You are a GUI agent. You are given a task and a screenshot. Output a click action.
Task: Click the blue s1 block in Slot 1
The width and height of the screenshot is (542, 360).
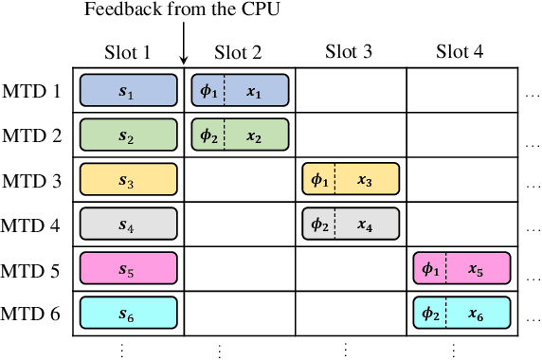pos(128,90)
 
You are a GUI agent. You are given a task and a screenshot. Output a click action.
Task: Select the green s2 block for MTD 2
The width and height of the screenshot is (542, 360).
pos(128,135)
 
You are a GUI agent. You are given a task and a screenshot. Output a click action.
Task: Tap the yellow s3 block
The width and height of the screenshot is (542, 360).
pos(128,179)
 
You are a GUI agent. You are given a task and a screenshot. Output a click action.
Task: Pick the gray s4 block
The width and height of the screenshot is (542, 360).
pos(128,225)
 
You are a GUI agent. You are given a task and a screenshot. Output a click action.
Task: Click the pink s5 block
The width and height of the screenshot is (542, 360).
pos(128,269)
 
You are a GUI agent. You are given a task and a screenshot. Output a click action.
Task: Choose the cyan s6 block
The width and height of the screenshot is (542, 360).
pos(128,313)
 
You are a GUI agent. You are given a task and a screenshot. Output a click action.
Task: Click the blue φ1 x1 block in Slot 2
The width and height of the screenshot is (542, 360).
pos(240,90)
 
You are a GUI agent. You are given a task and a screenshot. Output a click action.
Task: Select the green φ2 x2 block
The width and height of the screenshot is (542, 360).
pos(240,135)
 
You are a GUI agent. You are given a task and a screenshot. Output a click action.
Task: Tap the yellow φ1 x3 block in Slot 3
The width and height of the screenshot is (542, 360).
pos(351,179)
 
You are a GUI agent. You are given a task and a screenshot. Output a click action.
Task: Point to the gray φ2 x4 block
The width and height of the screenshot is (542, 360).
pos(351,225)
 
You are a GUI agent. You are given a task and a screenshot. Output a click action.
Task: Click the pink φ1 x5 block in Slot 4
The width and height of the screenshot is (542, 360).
pos(462,269)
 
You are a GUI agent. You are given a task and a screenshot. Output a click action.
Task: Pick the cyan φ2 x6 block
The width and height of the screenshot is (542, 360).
pos(462,313)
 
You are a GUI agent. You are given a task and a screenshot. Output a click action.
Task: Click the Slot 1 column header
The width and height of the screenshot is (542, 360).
pos(128,52)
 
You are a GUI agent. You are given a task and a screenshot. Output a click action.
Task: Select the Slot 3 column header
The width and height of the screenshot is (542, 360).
pos(351,52)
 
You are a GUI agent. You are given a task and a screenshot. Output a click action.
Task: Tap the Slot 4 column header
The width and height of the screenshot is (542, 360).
pos(461,52)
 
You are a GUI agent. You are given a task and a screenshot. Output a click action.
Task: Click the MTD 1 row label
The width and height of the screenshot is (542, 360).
pos(33,91)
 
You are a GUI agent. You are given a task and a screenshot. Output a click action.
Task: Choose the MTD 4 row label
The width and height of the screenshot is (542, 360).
pos(33,225)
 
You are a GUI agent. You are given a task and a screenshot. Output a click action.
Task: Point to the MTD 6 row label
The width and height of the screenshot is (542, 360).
pos(33,314)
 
